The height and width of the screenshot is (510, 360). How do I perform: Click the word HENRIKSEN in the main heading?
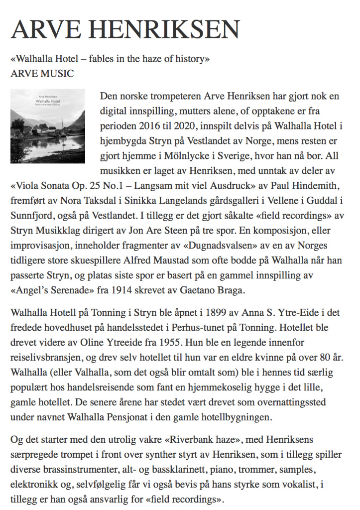tap(169, 30)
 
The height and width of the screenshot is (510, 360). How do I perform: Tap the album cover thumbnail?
tap(48, 126)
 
